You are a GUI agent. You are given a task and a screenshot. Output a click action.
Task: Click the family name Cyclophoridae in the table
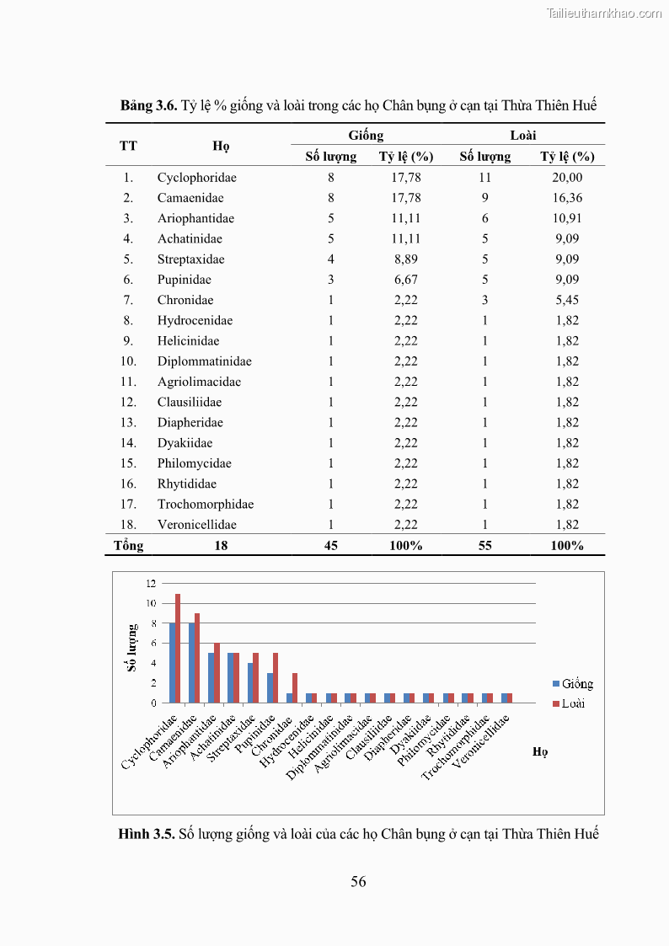coord(196,178)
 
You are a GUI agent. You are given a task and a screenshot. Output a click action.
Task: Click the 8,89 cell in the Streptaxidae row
coord(406,259)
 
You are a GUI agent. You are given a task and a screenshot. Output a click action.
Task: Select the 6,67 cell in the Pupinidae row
coord(406,280)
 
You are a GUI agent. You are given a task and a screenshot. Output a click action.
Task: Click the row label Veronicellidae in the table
coord(196,525)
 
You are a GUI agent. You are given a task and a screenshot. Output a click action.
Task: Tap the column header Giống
coord(366,136)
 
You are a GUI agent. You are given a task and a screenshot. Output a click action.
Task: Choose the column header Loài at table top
coord(523,136)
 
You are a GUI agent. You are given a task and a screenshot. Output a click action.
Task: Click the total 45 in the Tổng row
coord(331,546)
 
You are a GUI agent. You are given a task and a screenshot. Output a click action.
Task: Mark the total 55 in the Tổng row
coord(484,546)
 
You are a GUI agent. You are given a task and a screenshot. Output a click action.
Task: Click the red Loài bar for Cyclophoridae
coord(178,649)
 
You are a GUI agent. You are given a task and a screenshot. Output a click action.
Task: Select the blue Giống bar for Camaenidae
coord(191,663)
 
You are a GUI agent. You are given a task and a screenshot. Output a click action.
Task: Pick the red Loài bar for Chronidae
coord(295,687)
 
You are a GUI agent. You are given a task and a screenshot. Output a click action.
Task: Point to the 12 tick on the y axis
coord(151,583)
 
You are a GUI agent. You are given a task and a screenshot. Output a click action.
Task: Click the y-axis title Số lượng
coord(132,647)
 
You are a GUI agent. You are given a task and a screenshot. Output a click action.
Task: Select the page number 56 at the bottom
coord(358,882)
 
